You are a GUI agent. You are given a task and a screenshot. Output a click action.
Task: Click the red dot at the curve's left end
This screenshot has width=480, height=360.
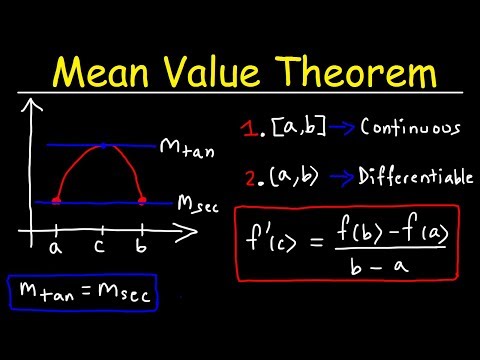point(57,201)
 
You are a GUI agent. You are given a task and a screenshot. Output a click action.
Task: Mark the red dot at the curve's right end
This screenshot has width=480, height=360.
point(142,201)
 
